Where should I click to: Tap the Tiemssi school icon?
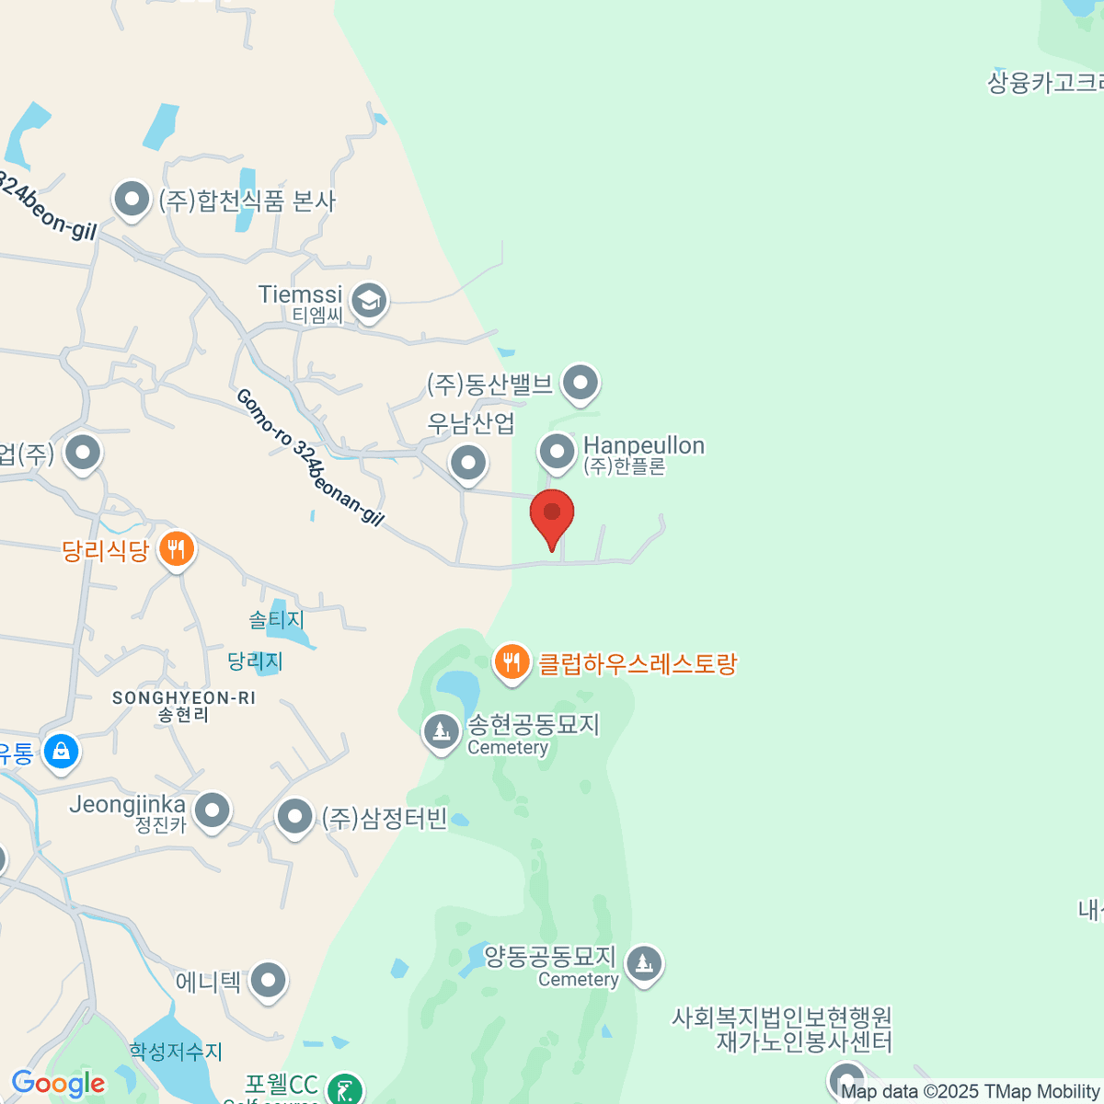[x=369, y=300]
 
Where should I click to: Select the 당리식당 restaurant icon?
[x=175, y=549]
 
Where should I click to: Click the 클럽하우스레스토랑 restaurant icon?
[x=512, y=661]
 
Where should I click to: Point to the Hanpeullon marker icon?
[x=557, y=452]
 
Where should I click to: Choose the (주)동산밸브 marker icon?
[x=581, y=382]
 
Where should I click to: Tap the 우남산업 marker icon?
[x=468, y=462]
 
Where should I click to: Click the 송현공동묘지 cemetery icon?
[x=441, y=732]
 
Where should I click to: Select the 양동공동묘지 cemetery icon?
[x=644, y=964]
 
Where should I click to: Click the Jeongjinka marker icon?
[x=213, y=811]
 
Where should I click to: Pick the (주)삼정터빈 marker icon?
[x=294, y=816]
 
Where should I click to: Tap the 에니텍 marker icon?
[x=269, y=981]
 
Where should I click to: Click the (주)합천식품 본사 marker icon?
[x=132, y=199]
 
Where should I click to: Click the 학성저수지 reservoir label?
[x=176, y=1051]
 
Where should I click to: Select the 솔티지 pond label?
[x=276, y=620]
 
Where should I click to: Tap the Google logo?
[x=59, y=1084]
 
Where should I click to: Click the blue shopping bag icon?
[x=61, y=751]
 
